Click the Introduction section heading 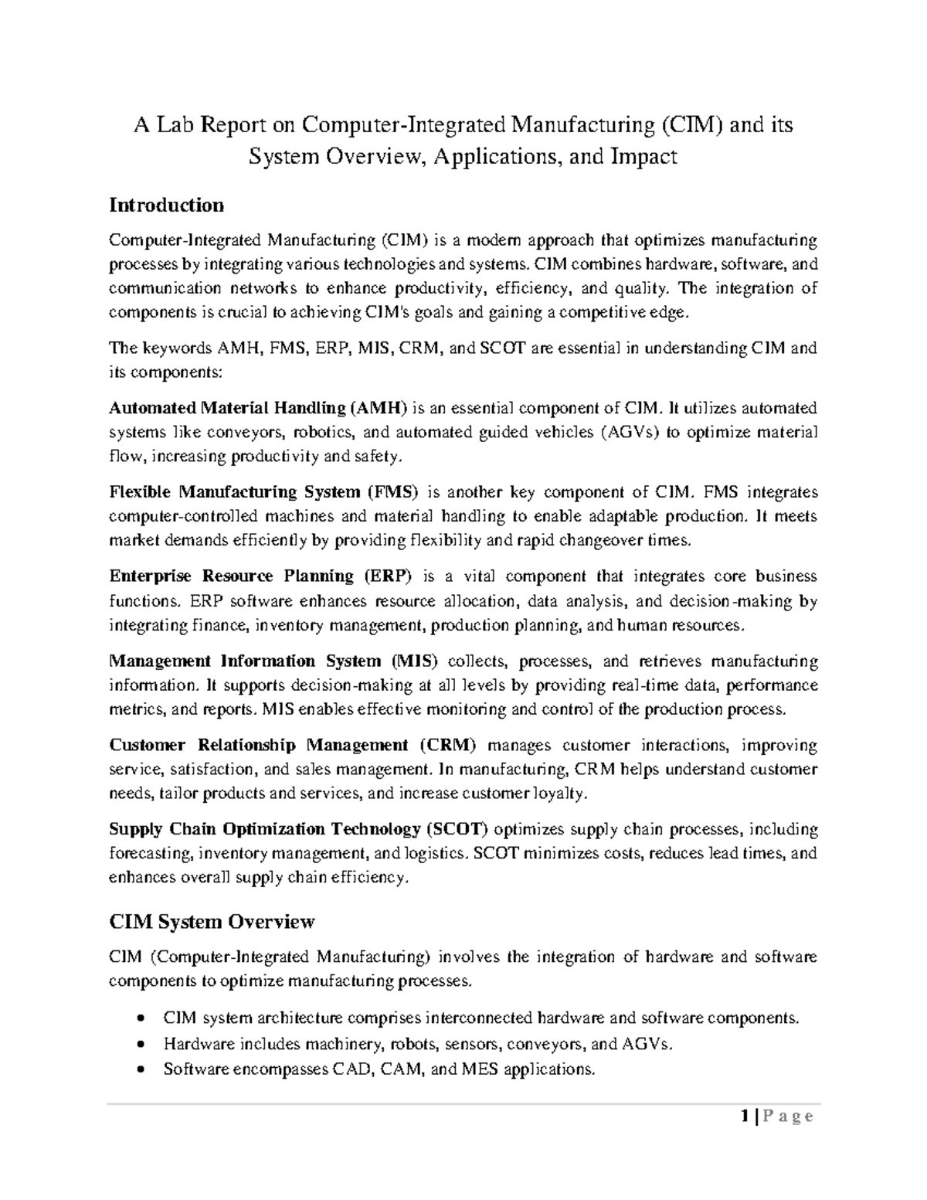(x=166, y=205)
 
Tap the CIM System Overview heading (x=212, y=921)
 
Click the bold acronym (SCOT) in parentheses (x=457, y=829)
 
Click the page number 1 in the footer (x=743, y=1116)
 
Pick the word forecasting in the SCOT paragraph (x=151, y=854)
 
